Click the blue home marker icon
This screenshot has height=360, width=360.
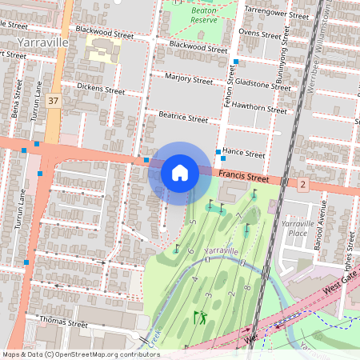click(x=179, y=173)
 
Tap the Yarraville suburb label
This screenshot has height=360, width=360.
click(x=43, y=39)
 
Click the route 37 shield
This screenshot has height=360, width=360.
click(x=54, y=101)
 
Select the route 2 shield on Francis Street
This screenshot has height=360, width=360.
click(x=302, y=185)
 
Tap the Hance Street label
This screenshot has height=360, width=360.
click(x=243, y=153)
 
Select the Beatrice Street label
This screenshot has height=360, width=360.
click(x=183, y=118)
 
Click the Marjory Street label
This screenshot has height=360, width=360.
click(x=188, y=80)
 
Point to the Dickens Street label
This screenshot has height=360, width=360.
click(x=100, y=89)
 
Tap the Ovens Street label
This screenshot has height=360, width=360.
click(x=260, y=33)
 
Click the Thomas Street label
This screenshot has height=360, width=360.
click(x=63, y=323)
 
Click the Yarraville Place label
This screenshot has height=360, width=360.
click(x=297, y=229)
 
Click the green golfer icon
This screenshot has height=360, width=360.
click(x=200, y=317)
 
